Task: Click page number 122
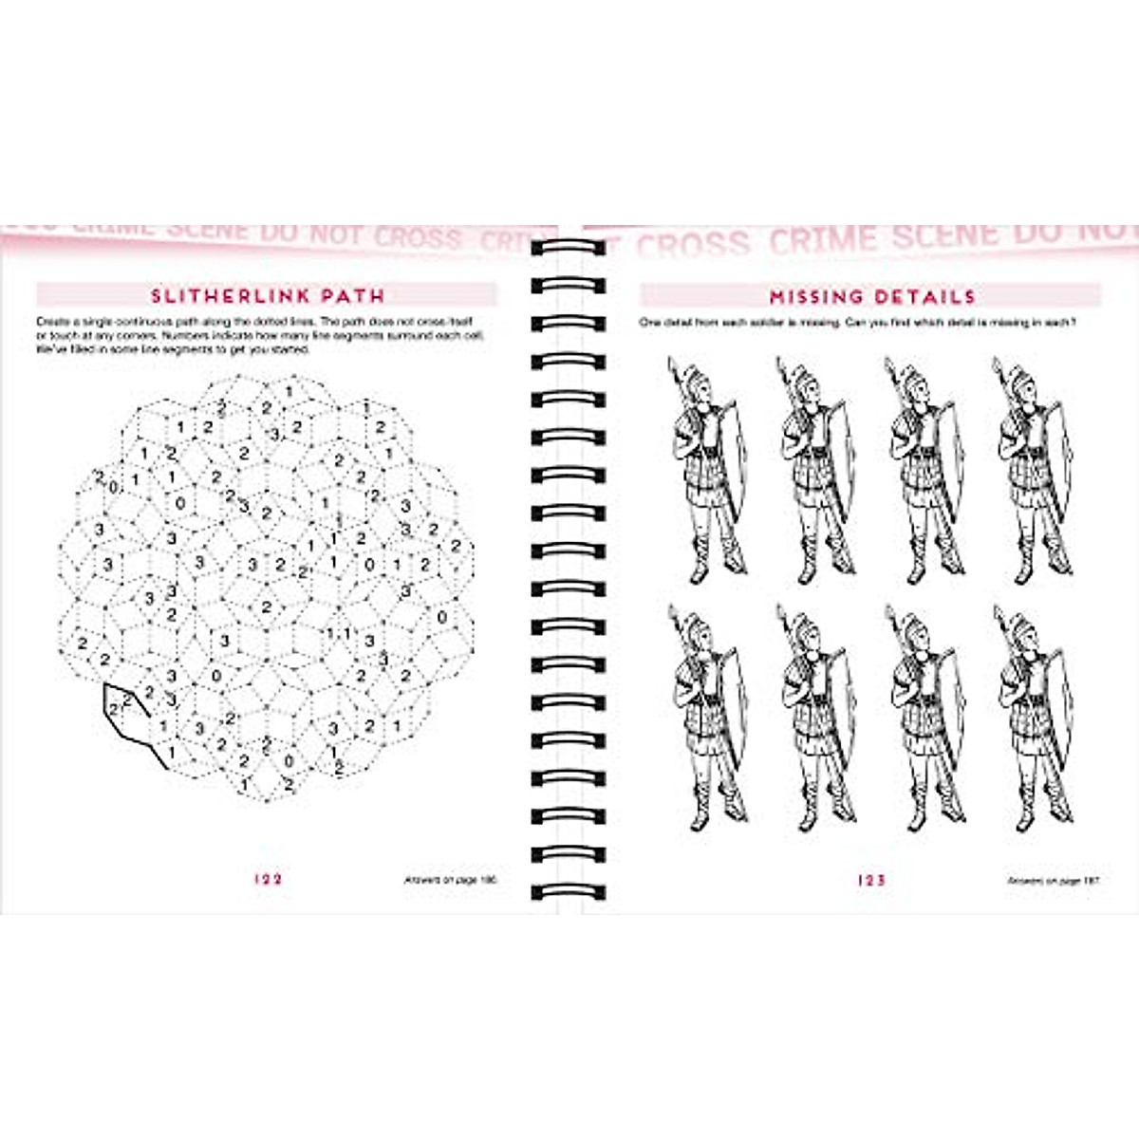coord(269,879)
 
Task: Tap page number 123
coord(870,880)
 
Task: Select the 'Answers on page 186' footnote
coord(451,880)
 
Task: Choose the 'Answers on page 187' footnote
coord(1053,881)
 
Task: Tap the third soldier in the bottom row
coord(925,717)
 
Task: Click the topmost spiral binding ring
coord(568,249)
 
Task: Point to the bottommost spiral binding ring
coord(568,892)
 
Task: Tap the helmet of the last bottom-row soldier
coord(1021,627)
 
